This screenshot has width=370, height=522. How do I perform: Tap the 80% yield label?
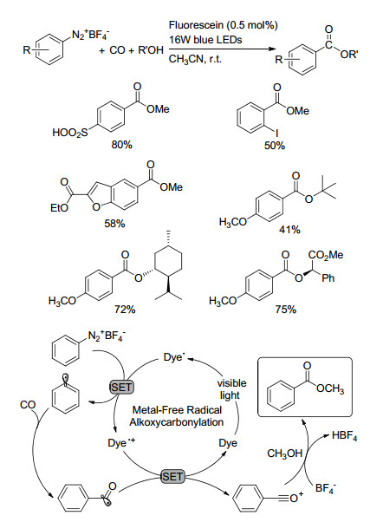click(x=122, y=145)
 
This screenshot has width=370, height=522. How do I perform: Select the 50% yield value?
click(x=275, y=146)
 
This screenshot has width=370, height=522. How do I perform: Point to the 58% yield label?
click(x=114, y=224)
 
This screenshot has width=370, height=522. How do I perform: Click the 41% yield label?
click(x=289, y=230)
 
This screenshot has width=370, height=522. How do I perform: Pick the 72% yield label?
click(x=125, y=310)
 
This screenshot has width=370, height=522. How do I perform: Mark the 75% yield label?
click(x=286, y=310)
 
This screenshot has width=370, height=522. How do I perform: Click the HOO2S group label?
click(x=70, y=133)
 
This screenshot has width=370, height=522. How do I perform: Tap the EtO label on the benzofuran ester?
click(x=59, y=208)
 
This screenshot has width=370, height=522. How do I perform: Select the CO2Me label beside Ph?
click(x=326, y=255)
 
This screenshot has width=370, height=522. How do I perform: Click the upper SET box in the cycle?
click(x=121, y=388)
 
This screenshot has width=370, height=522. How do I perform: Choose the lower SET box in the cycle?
click(x=172, y=476)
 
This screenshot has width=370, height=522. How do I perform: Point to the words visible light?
click(x=231, y=388)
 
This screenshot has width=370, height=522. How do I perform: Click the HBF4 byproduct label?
click(x=344, y=436)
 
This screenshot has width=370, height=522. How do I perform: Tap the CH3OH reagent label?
click(x=285, y=453)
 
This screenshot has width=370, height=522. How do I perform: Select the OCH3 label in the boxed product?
click(x=330, y=388)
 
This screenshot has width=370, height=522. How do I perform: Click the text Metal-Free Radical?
click(x=177, y=409)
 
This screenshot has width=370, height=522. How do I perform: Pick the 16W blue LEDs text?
click(x=205, y=40)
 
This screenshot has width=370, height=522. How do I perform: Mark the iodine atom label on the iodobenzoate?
click(x=276, y=134)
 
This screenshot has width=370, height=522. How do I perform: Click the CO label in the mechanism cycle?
click(x=28, y=405)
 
